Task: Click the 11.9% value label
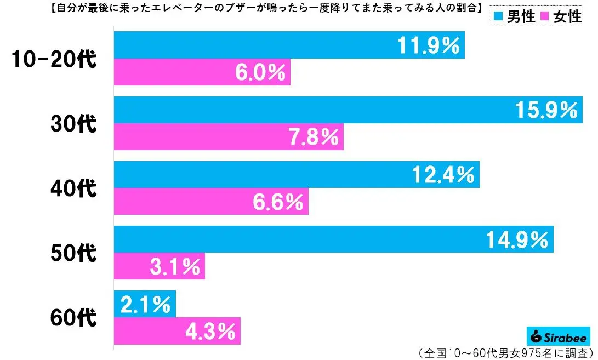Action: (x=428, y=45)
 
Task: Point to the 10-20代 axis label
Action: (x=54, y=59)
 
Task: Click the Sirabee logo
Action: (x=557, y=337)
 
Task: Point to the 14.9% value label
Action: (x=516, y=239)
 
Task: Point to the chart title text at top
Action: (x=241, y=8)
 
